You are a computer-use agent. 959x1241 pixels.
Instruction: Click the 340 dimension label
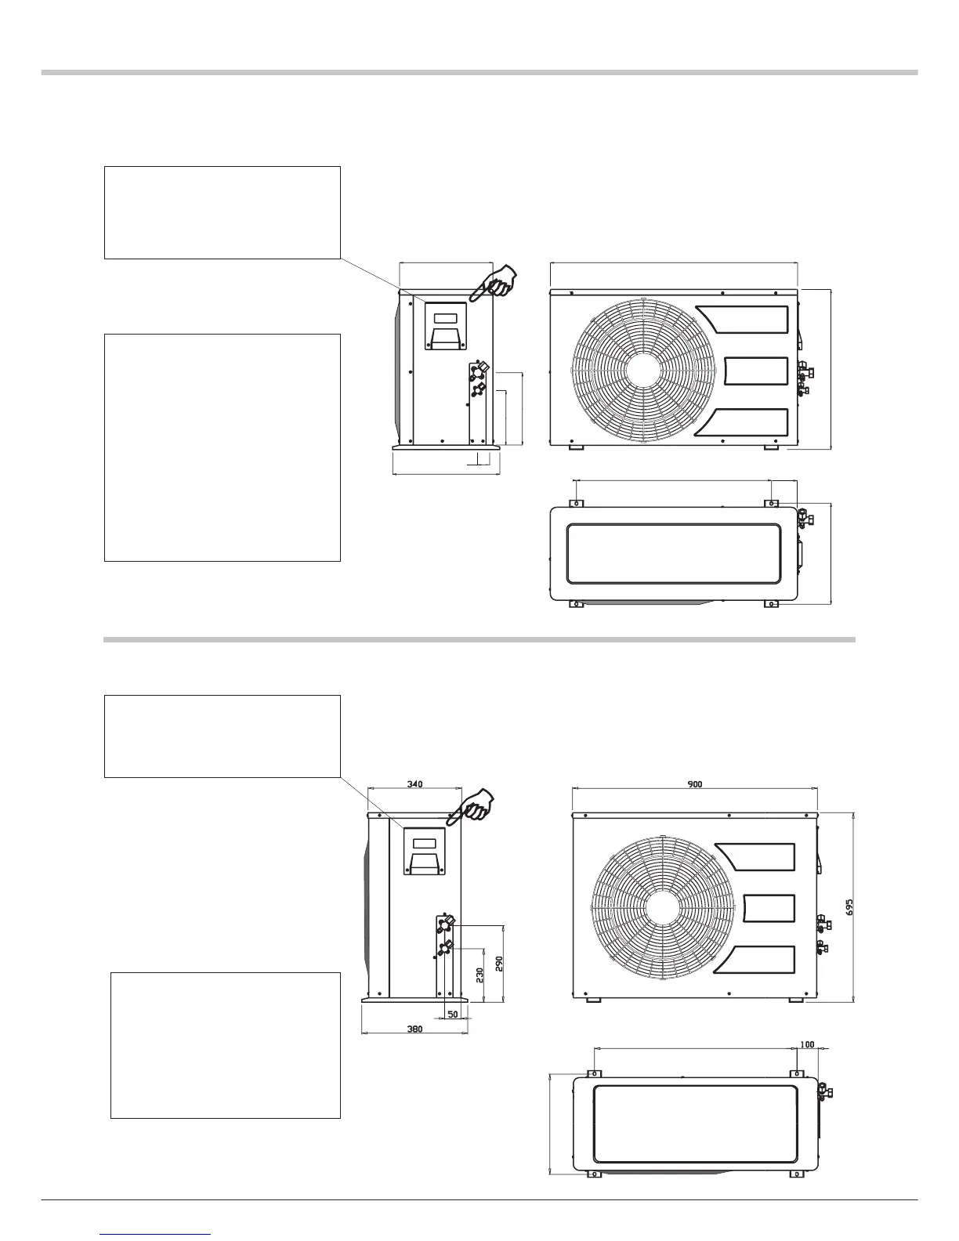[x=415, y=783]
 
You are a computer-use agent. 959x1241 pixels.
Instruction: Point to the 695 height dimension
[x=849, y=907]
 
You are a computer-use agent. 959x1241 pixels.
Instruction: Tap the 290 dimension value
[x=498, y=963]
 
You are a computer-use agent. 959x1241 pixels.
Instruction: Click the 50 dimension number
[x=452, y=1014]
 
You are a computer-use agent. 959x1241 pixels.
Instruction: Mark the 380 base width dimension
[x=415, y=1029]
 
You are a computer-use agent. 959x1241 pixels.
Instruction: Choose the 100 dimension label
[x=807, y=1044]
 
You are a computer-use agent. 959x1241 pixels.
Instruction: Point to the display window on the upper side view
[x=445, y=318]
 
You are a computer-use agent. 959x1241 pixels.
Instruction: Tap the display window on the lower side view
[x=424, y=844]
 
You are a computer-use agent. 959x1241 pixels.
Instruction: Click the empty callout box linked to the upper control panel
[x=223, y=212]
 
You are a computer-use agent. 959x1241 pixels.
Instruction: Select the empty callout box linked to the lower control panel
[x=223, y=736]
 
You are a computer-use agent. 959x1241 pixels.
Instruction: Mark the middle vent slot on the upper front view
[x=755, y=371]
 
